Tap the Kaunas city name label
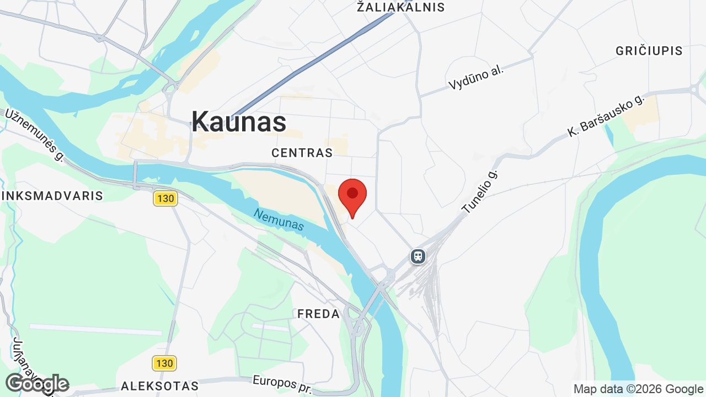click(239, 121)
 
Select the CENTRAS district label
click(302, 153)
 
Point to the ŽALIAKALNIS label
click(400, 7)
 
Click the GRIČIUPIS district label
click(649, 51)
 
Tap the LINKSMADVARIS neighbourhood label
click(52, 196)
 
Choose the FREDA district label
click(319, 314)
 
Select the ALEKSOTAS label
click(159, 385)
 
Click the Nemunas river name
click(279, 219)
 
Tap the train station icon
click(418, 256)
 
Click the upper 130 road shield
click(165, 198)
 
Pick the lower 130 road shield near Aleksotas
click(164, 363)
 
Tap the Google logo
click(36, 384)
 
